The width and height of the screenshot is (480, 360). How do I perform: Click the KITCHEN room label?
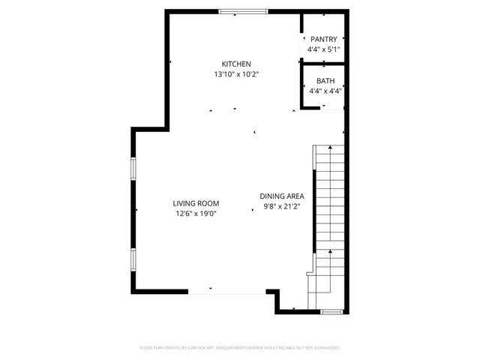[235, 64]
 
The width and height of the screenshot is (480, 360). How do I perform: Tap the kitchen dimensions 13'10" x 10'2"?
[235, 74]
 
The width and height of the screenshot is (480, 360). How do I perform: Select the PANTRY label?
[324, 39]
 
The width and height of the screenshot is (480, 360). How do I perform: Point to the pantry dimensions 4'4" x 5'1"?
[324, 49]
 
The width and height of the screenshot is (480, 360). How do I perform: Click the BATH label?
[325, 81]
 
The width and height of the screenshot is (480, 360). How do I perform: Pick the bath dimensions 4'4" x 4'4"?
[325, 91]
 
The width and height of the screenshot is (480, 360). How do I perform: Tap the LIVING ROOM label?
[196, 203]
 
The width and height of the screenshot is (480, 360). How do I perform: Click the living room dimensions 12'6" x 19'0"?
[196, 214]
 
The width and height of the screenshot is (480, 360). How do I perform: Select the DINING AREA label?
[282, 196]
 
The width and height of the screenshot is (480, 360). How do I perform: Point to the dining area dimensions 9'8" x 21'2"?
[282, 207]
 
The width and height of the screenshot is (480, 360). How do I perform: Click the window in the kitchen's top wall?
[243, 11]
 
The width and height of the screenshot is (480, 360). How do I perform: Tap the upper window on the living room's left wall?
[133, 169]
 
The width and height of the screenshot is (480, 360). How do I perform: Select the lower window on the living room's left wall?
[133, 259]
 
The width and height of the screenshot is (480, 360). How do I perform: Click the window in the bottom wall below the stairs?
[331, 310]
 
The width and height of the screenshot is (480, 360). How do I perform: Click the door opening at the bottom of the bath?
[333, 109]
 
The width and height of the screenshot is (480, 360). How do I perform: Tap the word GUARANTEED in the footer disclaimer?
[325, 348]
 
